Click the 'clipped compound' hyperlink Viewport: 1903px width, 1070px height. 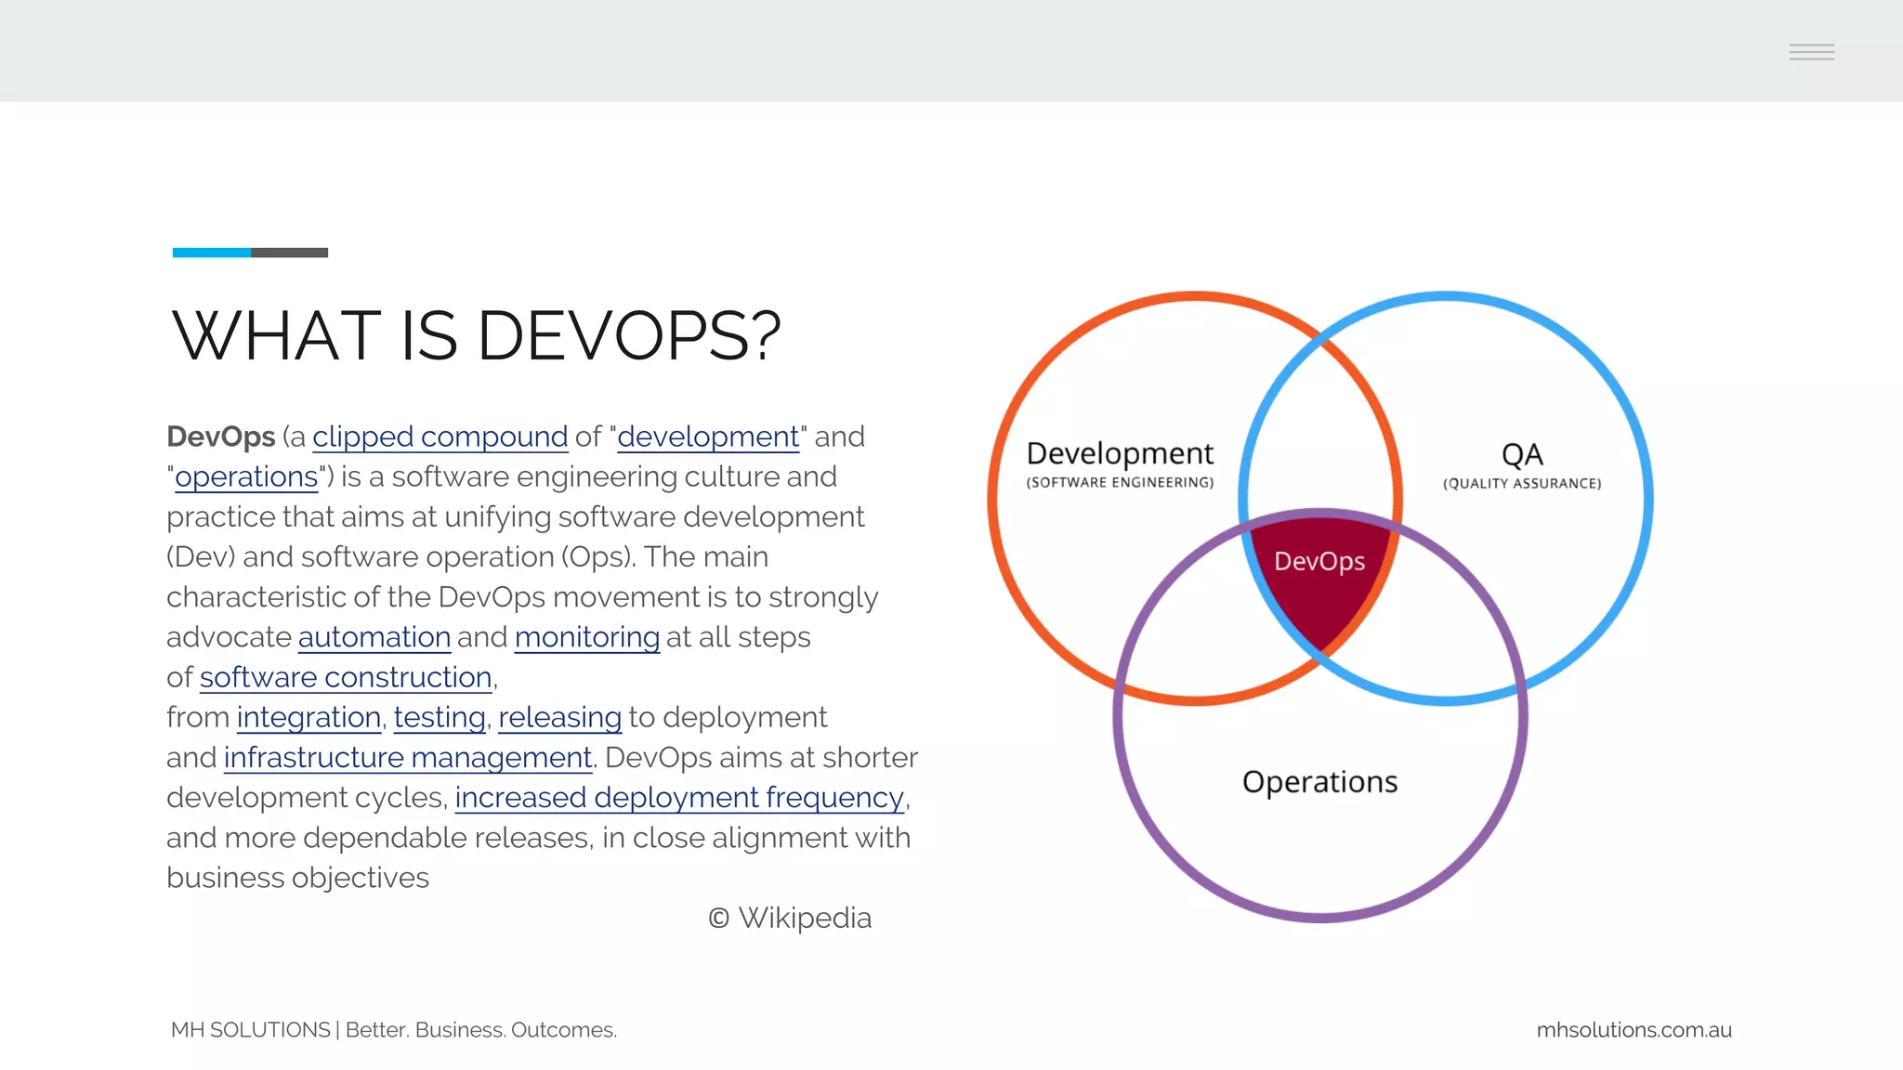[440, 437]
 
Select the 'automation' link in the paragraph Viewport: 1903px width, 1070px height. [374, 637]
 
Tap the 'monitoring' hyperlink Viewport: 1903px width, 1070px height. [586, 637]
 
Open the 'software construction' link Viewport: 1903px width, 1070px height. [345, 677]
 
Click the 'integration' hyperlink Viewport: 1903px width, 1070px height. [308, 717]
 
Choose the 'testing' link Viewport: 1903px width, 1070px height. [440, 717]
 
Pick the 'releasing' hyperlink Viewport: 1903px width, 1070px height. [559, 717]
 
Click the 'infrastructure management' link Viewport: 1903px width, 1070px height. [407, 758]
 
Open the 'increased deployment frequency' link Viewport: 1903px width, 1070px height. [679, 798]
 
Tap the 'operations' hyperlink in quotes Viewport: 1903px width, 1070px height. [246, 476]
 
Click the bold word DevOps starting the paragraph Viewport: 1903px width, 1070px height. [221, 437]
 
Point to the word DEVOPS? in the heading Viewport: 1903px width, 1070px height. [629, 335]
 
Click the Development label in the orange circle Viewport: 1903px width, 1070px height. [1120, 453]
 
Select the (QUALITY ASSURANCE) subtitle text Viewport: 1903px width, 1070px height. [1521, 483]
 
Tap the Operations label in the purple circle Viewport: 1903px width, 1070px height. [1319, 782]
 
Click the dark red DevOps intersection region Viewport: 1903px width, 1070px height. [1319, 585]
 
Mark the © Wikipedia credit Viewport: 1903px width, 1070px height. [790, 918]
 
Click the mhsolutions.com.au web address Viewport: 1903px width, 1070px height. [1634, 1030]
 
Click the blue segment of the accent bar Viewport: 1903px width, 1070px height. [211, 253]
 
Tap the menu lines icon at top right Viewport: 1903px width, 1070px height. [1811, 52]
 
